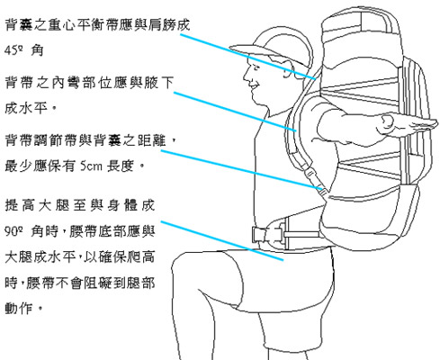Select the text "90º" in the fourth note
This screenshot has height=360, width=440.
(x=13, y=231)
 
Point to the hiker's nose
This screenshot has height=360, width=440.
(x=247, y=76)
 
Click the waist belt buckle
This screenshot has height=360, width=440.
(x=267, y=235)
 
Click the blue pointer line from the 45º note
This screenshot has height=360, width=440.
(x=247, y=57)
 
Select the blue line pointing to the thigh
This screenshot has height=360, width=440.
(x=222, y=241)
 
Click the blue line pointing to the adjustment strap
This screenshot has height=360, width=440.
(x=243, y=170)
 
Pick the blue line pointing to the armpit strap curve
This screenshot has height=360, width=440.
(x=235, y=112)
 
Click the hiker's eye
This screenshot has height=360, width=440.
(x=256, y=67)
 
